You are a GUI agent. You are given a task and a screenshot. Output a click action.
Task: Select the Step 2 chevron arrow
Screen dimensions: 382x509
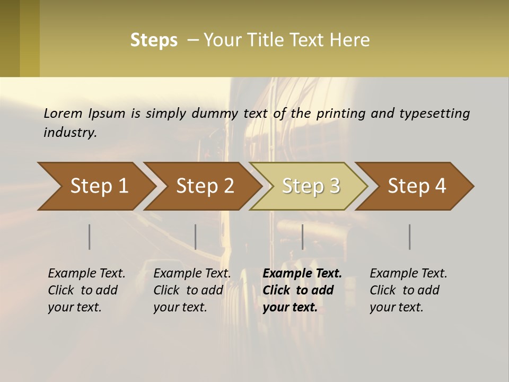[x=205, y=186]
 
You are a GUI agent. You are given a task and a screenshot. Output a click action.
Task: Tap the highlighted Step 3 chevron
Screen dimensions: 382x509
[x=311, y=186]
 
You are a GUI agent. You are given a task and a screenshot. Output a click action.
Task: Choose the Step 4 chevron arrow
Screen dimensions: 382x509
[x=417, y=186]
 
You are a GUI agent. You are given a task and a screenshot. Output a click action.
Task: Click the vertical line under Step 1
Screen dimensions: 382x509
[x=90, y=237]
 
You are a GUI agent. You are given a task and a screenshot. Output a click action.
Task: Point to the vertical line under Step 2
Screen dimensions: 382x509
[x=196, y=237]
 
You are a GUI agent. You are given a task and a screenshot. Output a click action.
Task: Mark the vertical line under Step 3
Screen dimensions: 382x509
[x=303, y=237]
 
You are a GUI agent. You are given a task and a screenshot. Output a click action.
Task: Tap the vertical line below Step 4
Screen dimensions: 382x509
[x=410, y=237]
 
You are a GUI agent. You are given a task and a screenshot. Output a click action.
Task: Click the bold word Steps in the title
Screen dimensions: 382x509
[x=154, y=40]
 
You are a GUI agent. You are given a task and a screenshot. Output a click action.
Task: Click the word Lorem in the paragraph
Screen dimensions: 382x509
[x=63, y=114]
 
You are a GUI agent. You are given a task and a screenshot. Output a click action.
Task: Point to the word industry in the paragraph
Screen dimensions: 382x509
[x=70, y=133]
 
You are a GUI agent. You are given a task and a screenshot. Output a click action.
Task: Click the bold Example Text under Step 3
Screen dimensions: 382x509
[x=302, y=274]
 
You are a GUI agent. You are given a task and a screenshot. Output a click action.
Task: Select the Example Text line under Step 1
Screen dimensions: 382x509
[x=86, y=274]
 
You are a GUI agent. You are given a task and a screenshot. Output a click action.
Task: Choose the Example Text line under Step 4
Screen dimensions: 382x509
[x=408, y=274]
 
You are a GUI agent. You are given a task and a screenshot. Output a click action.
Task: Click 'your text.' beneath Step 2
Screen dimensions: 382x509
[x=180, y=307]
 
